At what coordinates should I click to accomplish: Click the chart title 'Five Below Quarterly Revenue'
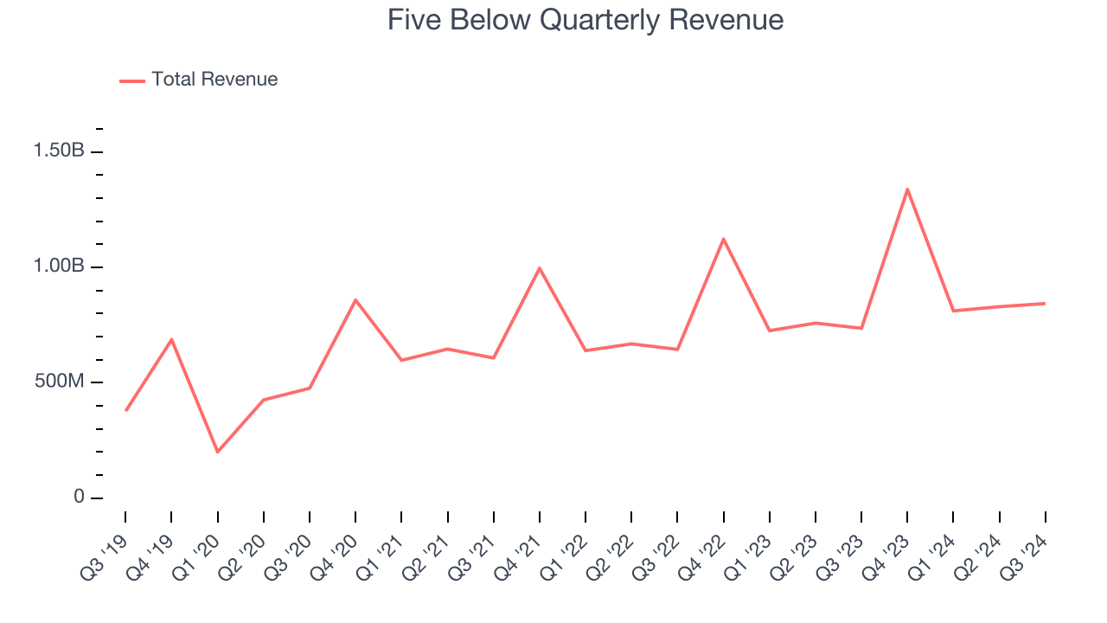point(585,20)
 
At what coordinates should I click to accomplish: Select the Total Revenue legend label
point(214,80)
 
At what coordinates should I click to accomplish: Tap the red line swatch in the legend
point(132,80)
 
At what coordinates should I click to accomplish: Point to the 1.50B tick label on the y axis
point(59,151)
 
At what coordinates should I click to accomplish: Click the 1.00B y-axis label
point(59,267)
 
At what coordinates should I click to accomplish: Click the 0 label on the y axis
point(79,498)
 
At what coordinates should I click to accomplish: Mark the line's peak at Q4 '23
point(907,189)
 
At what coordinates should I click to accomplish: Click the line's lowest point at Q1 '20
point(217,452)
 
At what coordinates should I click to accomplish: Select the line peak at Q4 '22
point(723,239)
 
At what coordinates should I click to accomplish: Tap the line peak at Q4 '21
point(540,268)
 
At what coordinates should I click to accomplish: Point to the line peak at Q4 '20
point(355,300)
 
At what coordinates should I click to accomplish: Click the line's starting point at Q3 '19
point(126,410)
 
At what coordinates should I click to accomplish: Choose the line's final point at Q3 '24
point(1045,304)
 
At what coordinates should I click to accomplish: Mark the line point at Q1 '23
point(769,331)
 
